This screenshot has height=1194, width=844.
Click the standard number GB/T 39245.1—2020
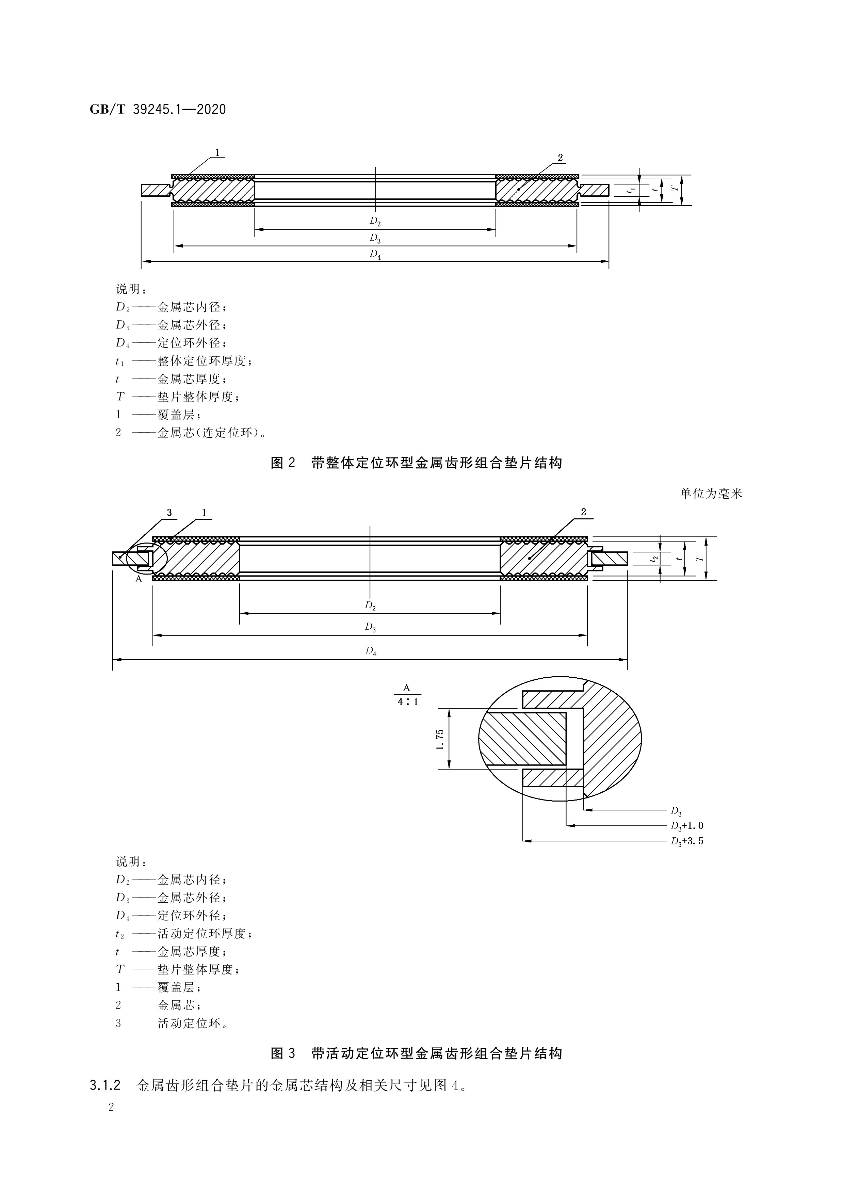pyautogui.click(x=158, y=110)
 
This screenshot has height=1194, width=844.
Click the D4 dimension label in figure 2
pyautogui.click(x=375, y=254)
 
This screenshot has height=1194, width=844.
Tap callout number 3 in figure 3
pyautogui.click(x=169, y=513)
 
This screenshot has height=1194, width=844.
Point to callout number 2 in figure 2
pyautogui.click(x=560, y=158)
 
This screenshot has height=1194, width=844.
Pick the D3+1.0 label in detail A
pyautogui.click(x=686, y=826)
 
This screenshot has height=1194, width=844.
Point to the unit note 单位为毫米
pyautogui.click(x=711, y=494)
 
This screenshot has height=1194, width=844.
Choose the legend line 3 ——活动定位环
pyautogui.click(x=172, y=1023)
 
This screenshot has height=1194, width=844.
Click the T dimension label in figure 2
pyautogui.click(x=675, y=190)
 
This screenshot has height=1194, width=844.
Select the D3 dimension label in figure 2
pyautogui.click(x=375, y=238)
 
